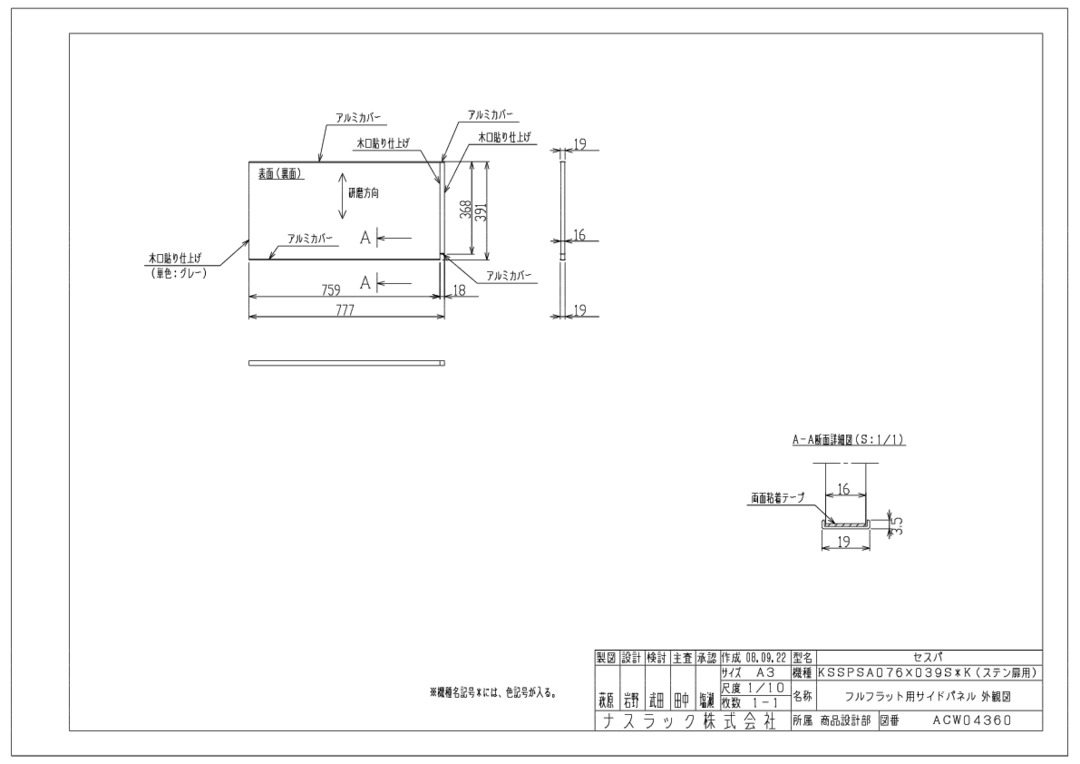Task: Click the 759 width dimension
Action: pos(331,290)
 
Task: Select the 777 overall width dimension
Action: pos(345,310)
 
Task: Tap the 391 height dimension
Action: pos(481,209)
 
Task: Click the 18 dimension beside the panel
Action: pos(459,290)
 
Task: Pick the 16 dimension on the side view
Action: pos(579,235)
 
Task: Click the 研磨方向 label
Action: pos(363,192)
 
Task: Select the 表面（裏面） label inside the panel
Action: pos(281,174)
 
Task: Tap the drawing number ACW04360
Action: pos(973,720)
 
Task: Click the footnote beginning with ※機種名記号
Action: pos(493,692)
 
